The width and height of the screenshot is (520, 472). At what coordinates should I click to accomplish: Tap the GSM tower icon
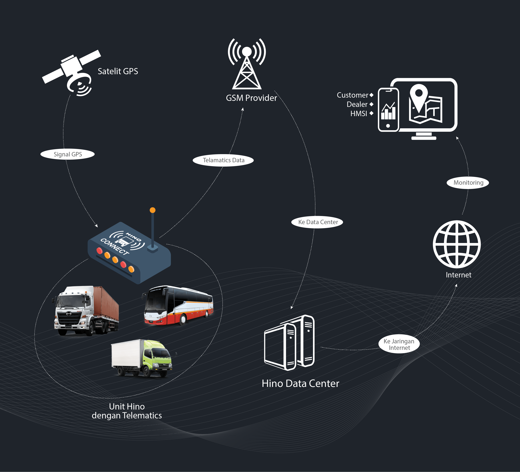[247, 65]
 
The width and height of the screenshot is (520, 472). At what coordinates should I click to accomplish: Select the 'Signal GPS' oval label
[68, 154]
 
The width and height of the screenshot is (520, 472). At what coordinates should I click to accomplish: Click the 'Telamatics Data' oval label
[223, 160]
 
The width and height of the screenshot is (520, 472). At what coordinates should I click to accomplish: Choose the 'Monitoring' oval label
[468, 183]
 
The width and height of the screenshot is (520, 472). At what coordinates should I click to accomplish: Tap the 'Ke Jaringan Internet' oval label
[399, 344]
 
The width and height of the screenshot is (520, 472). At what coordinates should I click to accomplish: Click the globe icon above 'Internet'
[457, 244]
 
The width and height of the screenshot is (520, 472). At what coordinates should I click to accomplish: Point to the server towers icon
[290, 342]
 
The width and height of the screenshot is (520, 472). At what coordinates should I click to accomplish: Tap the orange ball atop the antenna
[153, 210]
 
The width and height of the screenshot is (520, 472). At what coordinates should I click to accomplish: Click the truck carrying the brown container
[86, 310]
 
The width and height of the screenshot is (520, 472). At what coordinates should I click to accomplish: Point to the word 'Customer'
[352, 95]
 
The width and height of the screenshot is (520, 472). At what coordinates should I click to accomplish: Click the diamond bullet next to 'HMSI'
[371, 113]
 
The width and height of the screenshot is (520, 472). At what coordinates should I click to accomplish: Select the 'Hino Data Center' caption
[300, 383]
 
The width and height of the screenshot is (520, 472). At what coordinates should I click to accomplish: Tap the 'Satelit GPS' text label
[118, 71]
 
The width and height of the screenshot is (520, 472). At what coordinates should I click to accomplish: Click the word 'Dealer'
[357, 104]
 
